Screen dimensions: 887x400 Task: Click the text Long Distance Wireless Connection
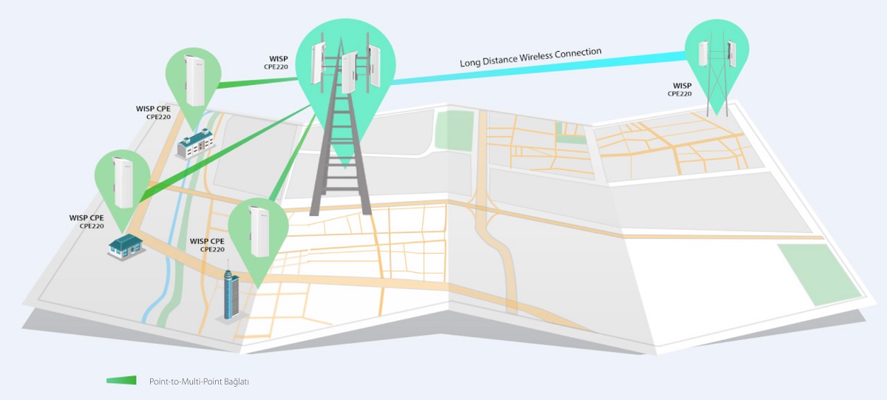pyautogui.click(x=531, y=58)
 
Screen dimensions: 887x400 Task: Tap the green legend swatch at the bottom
pyautogui.click(x=121, y=381)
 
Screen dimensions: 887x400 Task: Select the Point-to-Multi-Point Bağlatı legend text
pyautogui.click(x=199, y=382)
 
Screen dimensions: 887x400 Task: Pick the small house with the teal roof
pyautogui.click(x=126, y=246)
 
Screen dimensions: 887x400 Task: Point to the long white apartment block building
pyautogui.click(x=196, y=143)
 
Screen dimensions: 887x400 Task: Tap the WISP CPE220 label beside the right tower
pyautogui.click(x=680, y=89)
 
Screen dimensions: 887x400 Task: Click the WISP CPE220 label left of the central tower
pyautogui.click(x=276, y=63)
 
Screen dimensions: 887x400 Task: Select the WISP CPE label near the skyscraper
pyautogui.click(x=207, y=245)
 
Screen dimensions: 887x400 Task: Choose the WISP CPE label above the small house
pyautogui.click(x=86, y=222)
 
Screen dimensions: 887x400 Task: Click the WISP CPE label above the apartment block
pyautogui.click(x=153, y=112)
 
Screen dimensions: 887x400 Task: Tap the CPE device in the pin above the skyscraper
pyautogui.click(x=259, y=231)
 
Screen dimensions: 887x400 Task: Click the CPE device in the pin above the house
pyautogui.click(x=123, y=182)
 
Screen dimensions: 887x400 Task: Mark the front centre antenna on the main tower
pyautogui.click(x=350, y=73)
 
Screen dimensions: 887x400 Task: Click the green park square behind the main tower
pyautogui.click(x=455, y=130)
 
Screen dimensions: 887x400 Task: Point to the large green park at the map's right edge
pyautogui.click(x=819, y=274)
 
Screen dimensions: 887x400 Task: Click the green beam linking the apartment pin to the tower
pyautogui.click(x=257, y=82)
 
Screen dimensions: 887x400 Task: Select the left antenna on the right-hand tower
pyautogui.click(x=703, y=53)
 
